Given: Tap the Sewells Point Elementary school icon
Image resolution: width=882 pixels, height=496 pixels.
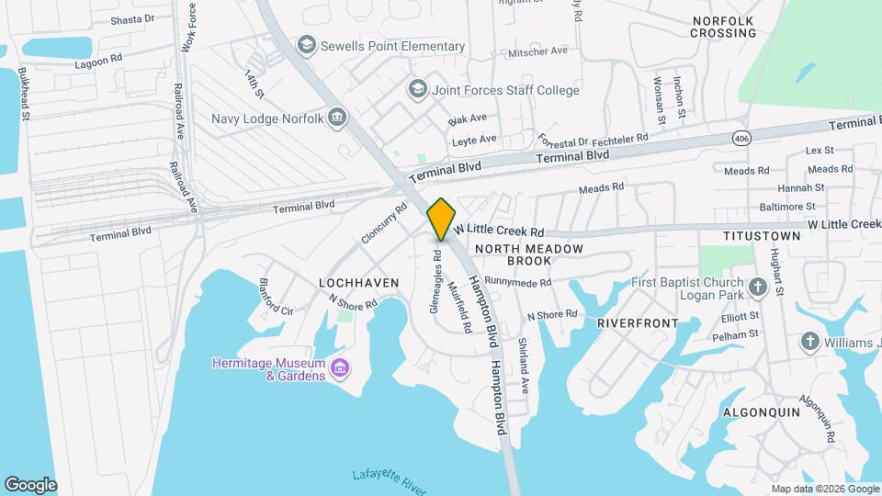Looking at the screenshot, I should [306, 45].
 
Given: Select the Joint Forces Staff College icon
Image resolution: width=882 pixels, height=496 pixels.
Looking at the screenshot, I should [418, 89].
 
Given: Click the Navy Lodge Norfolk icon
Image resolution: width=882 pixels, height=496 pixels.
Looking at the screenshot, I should [337, 118].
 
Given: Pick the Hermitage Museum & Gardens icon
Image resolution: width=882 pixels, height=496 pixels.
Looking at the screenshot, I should [340, 368].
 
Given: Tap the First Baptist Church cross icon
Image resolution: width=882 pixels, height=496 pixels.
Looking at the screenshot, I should [757, 287].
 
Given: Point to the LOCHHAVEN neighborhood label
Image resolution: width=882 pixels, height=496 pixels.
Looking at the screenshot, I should [358, 283].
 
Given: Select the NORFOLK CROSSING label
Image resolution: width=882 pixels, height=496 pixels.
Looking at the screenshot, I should [724, 27].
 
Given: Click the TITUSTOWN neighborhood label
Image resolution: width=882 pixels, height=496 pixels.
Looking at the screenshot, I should [763, 236].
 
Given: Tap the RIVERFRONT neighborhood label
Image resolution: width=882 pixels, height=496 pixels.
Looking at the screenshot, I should [638, 323].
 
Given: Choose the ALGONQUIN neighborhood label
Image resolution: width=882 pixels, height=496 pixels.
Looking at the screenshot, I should [762, 412].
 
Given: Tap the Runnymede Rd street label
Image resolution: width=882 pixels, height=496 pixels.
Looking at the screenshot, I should [517, 282].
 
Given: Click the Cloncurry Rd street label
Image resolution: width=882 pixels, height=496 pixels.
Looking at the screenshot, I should [383, 223].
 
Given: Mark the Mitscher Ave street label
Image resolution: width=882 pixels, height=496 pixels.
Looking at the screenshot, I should [538, 51].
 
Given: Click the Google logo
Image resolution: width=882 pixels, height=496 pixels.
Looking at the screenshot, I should [30, 485].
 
